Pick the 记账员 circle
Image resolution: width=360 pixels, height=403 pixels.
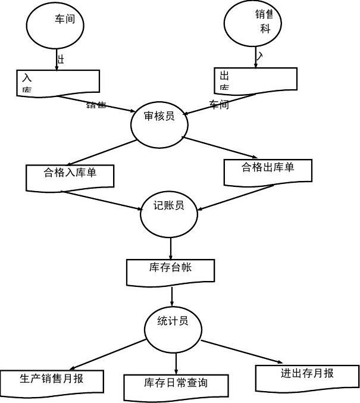point(169,213)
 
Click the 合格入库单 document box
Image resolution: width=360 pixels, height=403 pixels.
point(70,176)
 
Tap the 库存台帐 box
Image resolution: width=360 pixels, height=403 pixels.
point(170,271)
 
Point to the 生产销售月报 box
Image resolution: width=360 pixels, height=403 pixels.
point(52,382)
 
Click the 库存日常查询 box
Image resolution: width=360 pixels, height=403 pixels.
point(176,386)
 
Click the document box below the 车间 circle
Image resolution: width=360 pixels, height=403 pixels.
point(58,82)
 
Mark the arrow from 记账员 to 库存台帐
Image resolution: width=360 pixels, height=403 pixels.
point(171,247)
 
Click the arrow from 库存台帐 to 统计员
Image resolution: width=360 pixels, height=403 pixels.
point(172,296)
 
